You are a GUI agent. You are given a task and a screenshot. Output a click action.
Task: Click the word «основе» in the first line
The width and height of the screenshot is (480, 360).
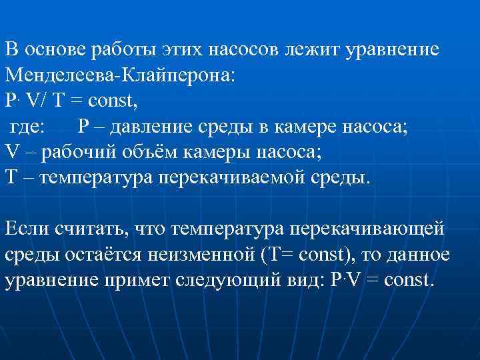[55, 51]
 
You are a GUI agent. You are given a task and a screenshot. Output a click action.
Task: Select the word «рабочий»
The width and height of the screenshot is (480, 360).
[79, 151]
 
